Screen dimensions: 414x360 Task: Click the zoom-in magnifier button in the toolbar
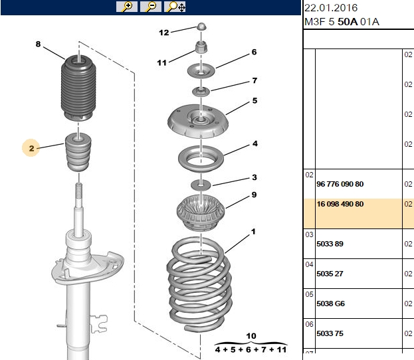tap(127, 7)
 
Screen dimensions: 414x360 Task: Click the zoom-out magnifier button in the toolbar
tap(151, 7)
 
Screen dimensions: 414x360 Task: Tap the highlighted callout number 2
tap(31, 148)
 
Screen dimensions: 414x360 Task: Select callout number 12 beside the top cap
tap(163, 33)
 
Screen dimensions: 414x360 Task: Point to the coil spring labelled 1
tap(199, 284)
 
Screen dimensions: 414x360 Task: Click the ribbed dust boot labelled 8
tap(78, 88)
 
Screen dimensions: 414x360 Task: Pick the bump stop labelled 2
tap(78, 152)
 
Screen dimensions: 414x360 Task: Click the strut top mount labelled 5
tap(198, 121)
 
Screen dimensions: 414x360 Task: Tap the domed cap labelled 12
tap(201, 27)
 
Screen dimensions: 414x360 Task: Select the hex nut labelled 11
tap(201, 47)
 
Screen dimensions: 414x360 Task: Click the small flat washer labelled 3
tap(201, 185)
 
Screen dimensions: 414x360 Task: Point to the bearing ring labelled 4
tap(201, 158)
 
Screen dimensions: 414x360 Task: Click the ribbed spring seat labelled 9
tap(201, 213)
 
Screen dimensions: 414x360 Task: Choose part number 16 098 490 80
tap(340, 204)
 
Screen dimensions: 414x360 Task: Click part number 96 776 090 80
tap(340, 184)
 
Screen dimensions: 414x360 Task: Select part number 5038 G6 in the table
tap(330, 304)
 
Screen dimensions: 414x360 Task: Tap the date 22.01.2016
tap(331, 8)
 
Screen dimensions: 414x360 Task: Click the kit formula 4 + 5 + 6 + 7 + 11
tap(251, 350)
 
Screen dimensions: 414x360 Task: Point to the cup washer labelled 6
tap(201, 71)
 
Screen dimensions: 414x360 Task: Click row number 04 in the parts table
tap(309, 264)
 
